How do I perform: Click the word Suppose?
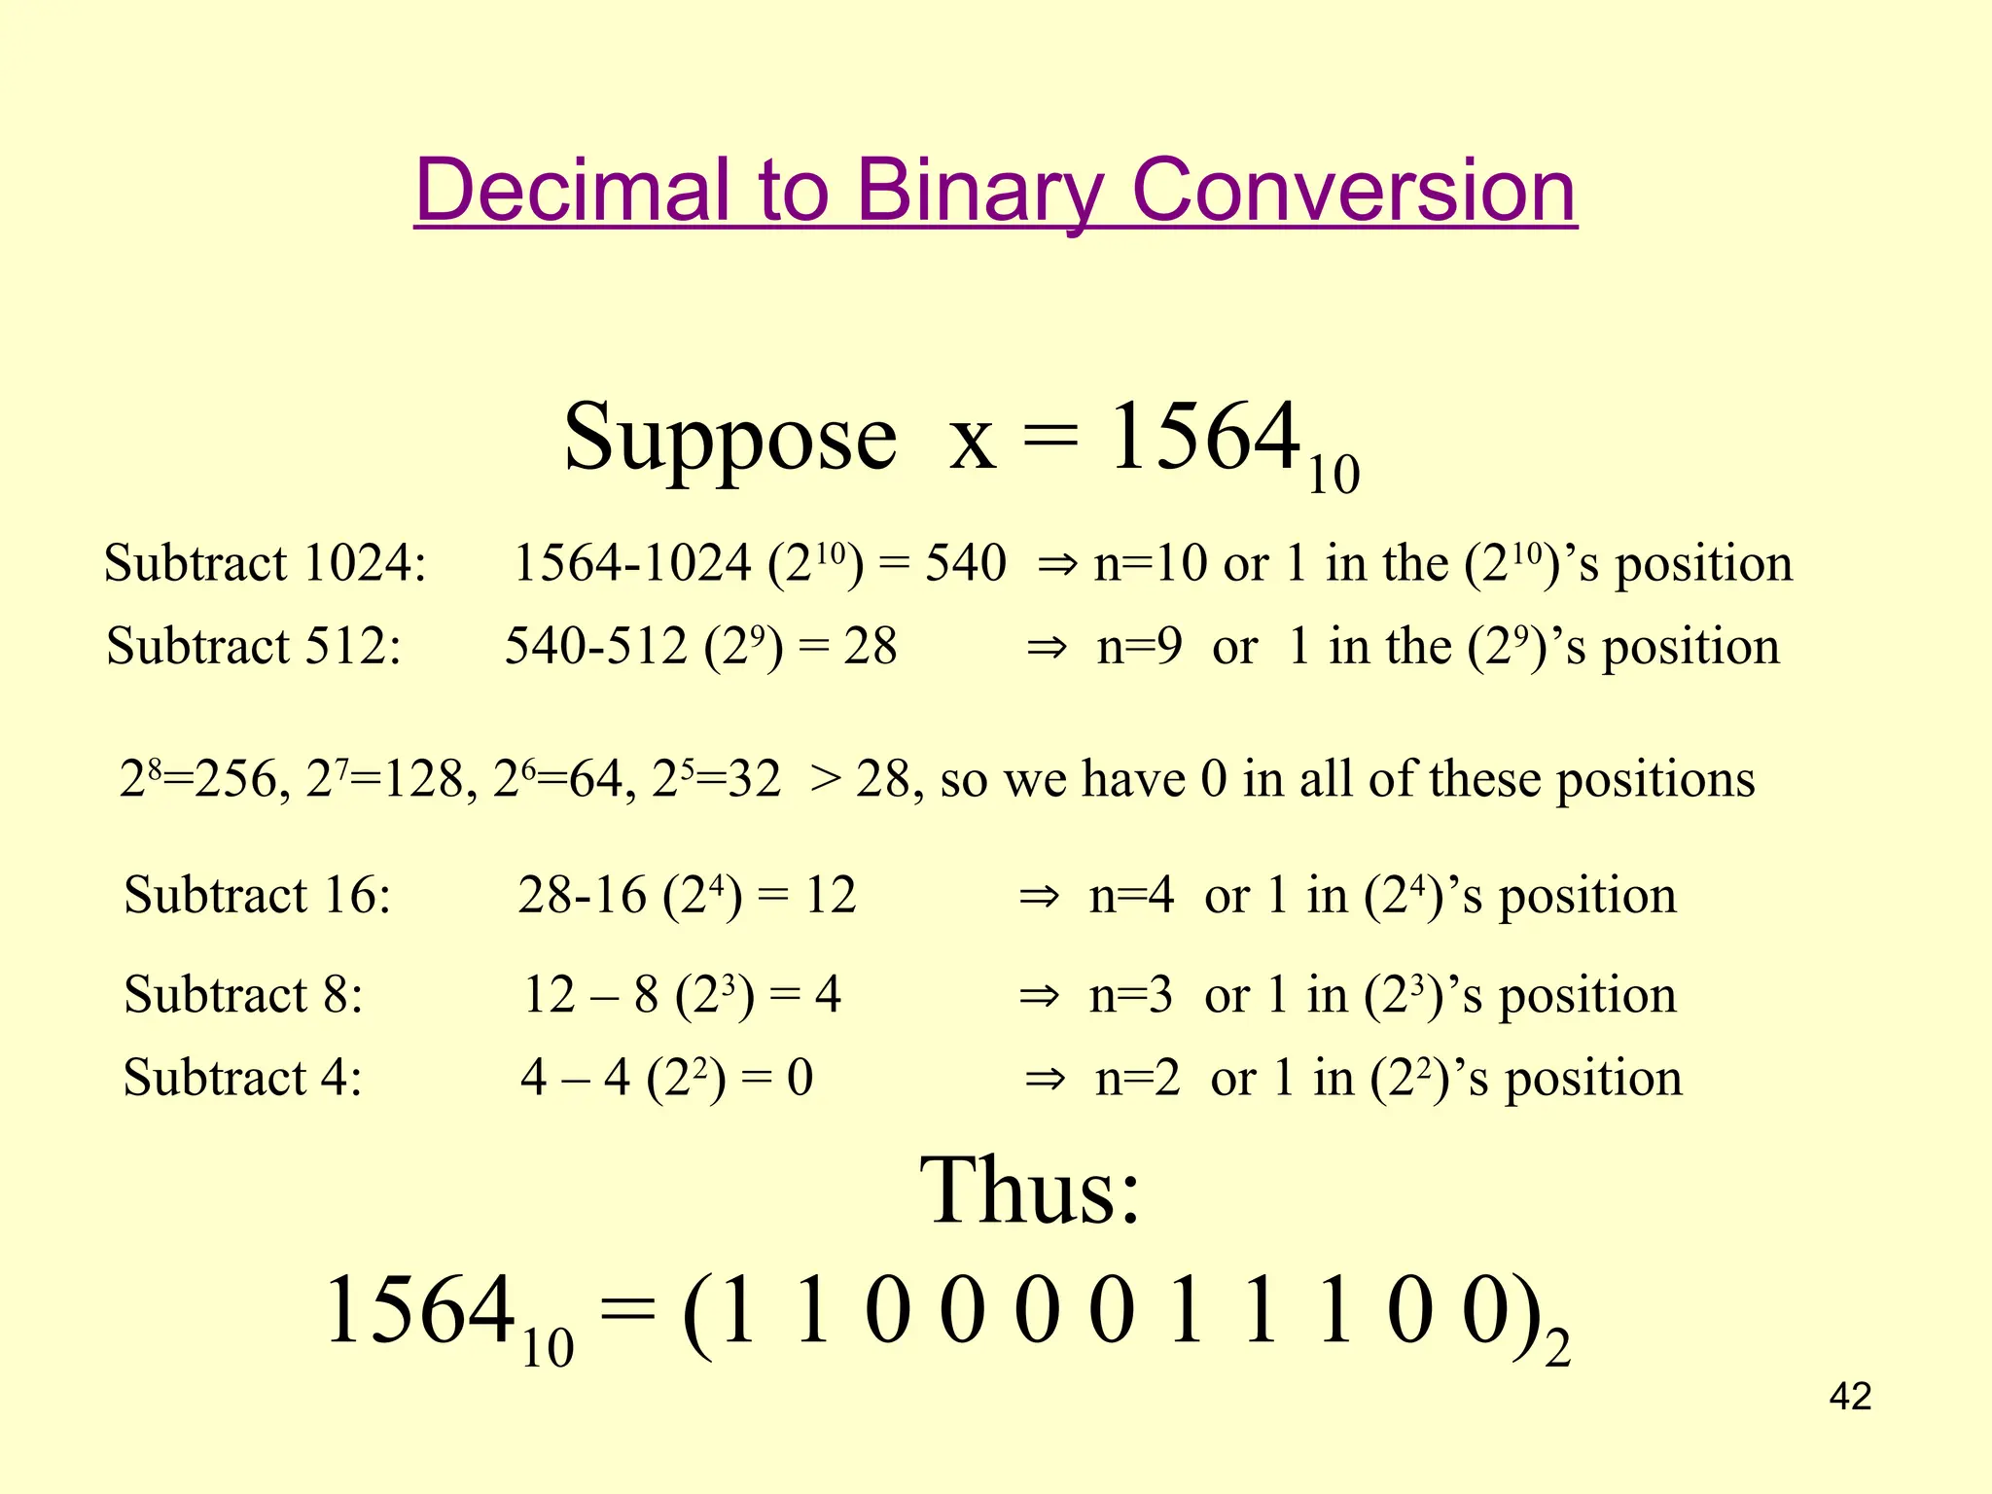[x=729, y=439]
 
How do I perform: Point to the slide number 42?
[x=1850, y=1397]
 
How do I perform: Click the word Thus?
[x=1030, y=1191]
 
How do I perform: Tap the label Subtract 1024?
[x=265, y=563]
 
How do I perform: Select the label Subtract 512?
[x=254, y=646]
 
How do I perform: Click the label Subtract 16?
[x=258, y=895]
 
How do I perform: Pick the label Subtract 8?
[x=243, y=995]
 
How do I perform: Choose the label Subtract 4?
[x=242, y=1078]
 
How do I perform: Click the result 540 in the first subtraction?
[x=965, y=563]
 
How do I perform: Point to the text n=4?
[x=1131, y=896]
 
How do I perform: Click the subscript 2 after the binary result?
[x=1557, y=1350]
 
